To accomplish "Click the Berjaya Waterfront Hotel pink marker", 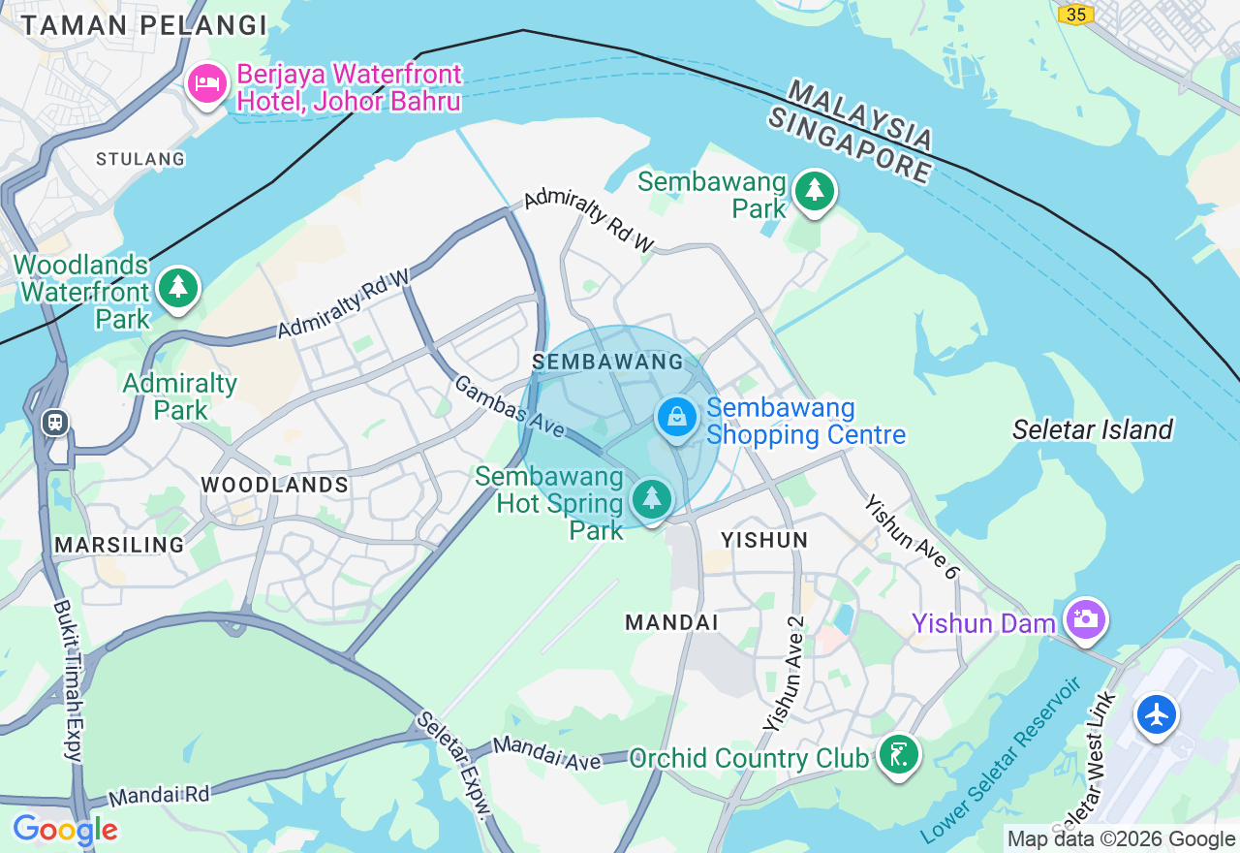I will point(206,83).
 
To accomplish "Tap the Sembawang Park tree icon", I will point(814,191).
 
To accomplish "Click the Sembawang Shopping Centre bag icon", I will point(677,418).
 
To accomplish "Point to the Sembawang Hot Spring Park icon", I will point(651,499).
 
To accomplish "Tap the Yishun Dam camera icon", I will point(1085,618).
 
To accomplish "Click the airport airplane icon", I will point(1157,715).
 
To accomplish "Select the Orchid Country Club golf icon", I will point(898,754).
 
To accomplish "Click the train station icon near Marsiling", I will point(54,422).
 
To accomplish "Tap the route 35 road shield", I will point(1075,14).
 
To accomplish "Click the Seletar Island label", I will point(1092,429).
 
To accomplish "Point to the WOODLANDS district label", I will point(275,485).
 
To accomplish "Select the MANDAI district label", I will point(672,622).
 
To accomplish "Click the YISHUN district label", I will point(764,540).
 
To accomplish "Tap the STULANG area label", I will point(140,159).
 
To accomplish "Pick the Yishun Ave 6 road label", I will point(911,537).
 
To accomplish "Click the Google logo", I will point(65,830).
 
